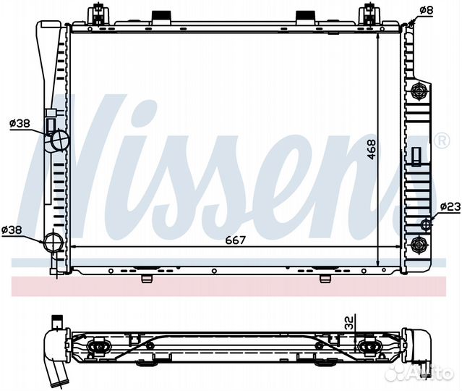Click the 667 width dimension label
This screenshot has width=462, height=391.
(x=235, y=240)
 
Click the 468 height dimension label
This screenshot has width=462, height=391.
(x=372, y=149)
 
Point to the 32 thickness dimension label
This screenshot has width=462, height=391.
(x=348, y=323)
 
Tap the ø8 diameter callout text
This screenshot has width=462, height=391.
(x=426, y=10)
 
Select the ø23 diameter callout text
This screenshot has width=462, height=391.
(x=450, y=207)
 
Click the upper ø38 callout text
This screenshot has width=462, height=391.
(x=20, y=123)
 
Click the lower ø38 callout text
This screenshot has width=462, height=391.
(x=12, y=230)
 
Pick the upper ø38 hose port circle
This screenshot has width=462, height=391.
(x=59, y=139)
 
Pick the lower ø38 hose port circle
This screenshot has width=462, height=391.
(x=54, y=243)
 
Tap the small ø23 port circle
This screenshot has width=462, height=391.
(x=426, y=225)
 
